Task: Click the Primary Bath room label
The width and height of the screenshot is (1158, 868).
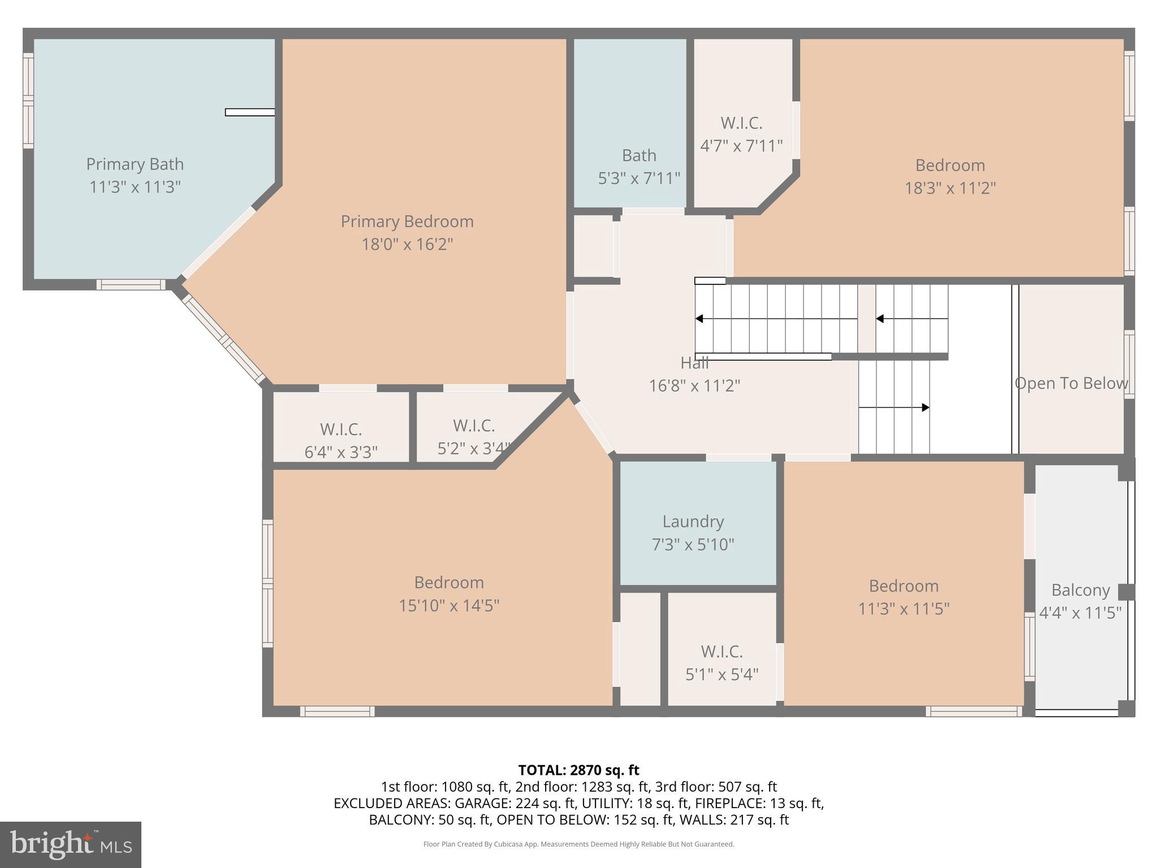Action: [x=135, y=164]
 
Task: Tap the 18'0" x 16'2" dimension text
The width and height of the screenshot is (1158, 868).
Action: [x=407, y=244]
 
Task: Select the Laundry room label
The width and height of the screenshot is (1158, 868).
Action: [x=693, y=521]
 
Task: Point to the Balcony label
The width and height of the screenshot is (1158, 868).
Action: [x=1081, y=590]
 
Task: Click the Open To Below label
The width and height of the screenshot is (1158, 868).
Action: [x=1071, y=383]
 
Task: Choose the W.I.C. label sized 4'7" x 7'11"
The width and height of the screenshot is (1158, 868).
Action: [x=741, y=123]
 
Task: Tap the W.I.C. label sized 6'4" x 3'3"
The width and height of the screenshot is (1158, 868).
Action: [x=341, y=429]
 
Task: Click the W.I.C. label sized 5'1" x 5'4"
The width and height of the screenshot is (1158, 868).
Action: [x=721, y=652]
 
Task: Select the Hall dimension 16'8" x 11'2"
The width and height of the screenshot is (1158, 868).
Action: [x=694, y=386]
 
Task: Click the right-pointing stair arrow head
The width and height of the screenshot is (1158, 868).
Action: [x=925, y=407]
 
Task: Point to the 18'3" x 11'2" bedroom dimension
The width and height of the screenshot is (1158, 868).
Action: [x=950, y=188]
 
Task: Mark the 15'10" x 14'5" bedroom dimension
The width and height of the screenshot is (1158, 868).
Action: [x=449, y=606]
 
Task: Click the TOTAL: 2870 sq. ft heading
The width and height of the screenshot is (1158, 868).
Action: [x=578, y=770]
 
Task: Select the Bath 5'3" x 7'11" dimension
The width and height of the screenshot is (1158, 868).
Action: [x=639, y=179]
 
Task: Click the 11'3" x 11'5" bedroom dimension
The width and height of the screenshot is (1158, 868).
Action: [x=904, y=609]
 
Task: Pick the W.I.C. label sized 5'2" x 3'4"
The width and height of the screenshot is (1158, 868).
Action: [x=474, y=426]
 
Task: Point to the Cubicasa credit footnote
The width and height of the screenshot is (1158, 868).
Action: [x=578, y=844]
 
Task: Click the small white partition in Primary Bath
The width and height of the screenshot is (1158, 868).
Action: [x=250, y=112]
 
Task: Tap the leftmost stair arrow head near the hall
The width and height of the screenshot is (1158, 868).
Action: [x=699, y=319]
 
